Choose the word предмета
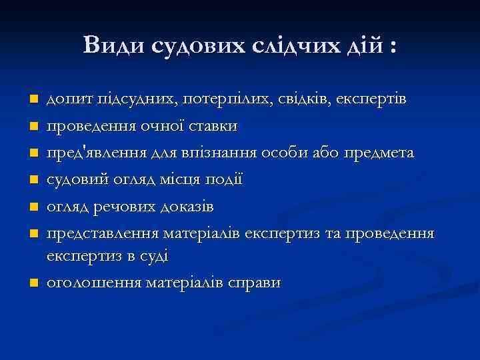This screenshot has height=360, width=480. pyautogui.click(x=379, y=153)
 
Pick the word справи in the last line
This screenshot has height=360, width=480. pyautogui.click(x=256, y=283)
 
